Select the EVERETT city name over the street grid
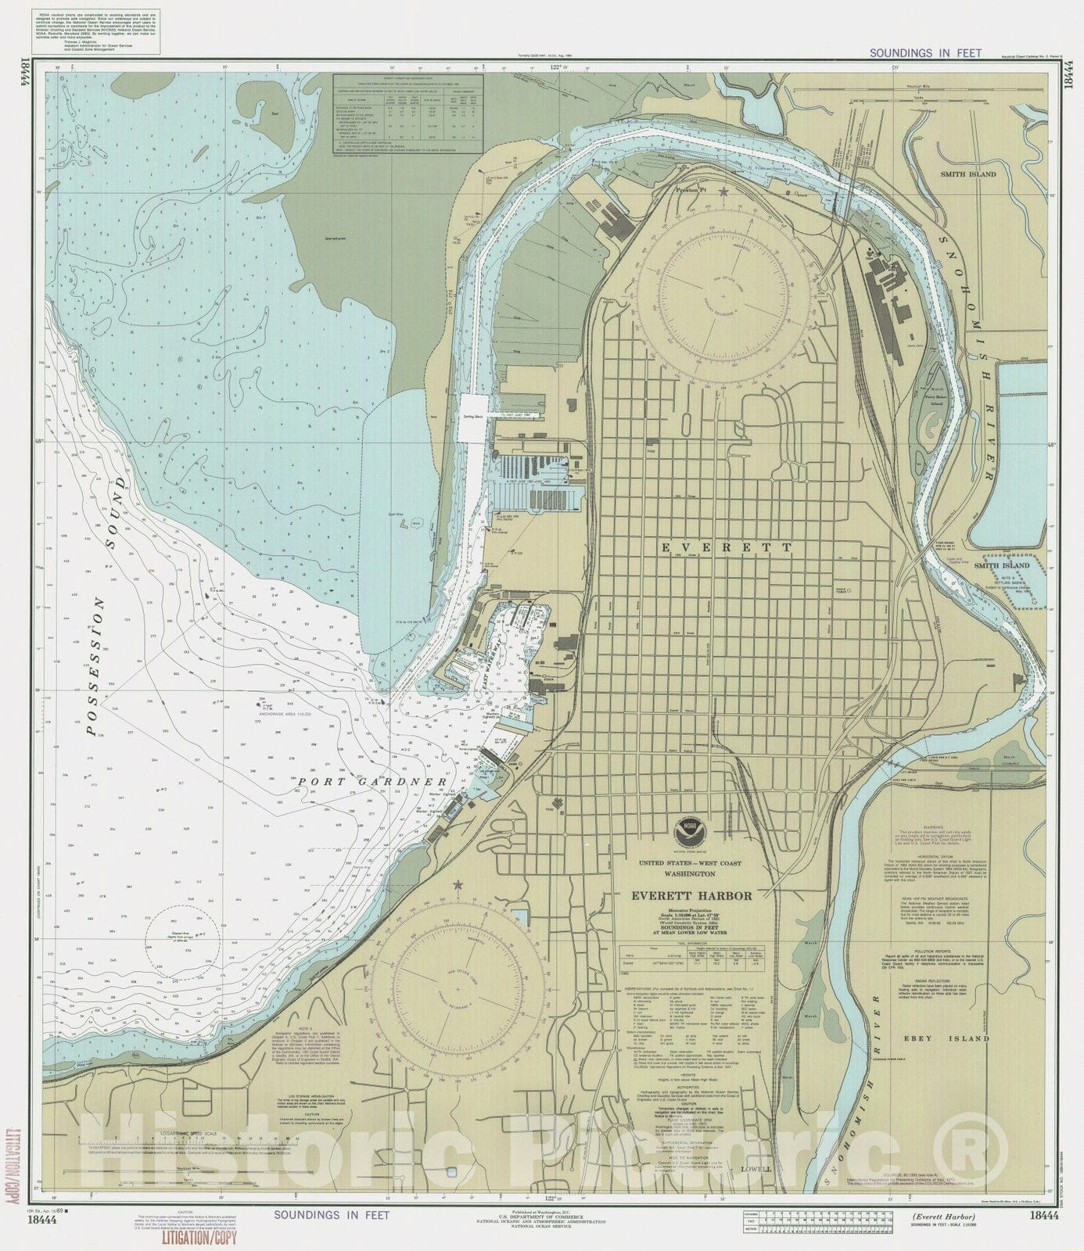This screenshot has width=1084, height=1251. click(727, 548)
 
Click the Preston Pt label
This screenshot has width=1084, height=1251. click(690, 189)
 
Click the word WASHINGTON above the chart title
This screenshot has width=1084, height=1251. click(689, 873)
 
